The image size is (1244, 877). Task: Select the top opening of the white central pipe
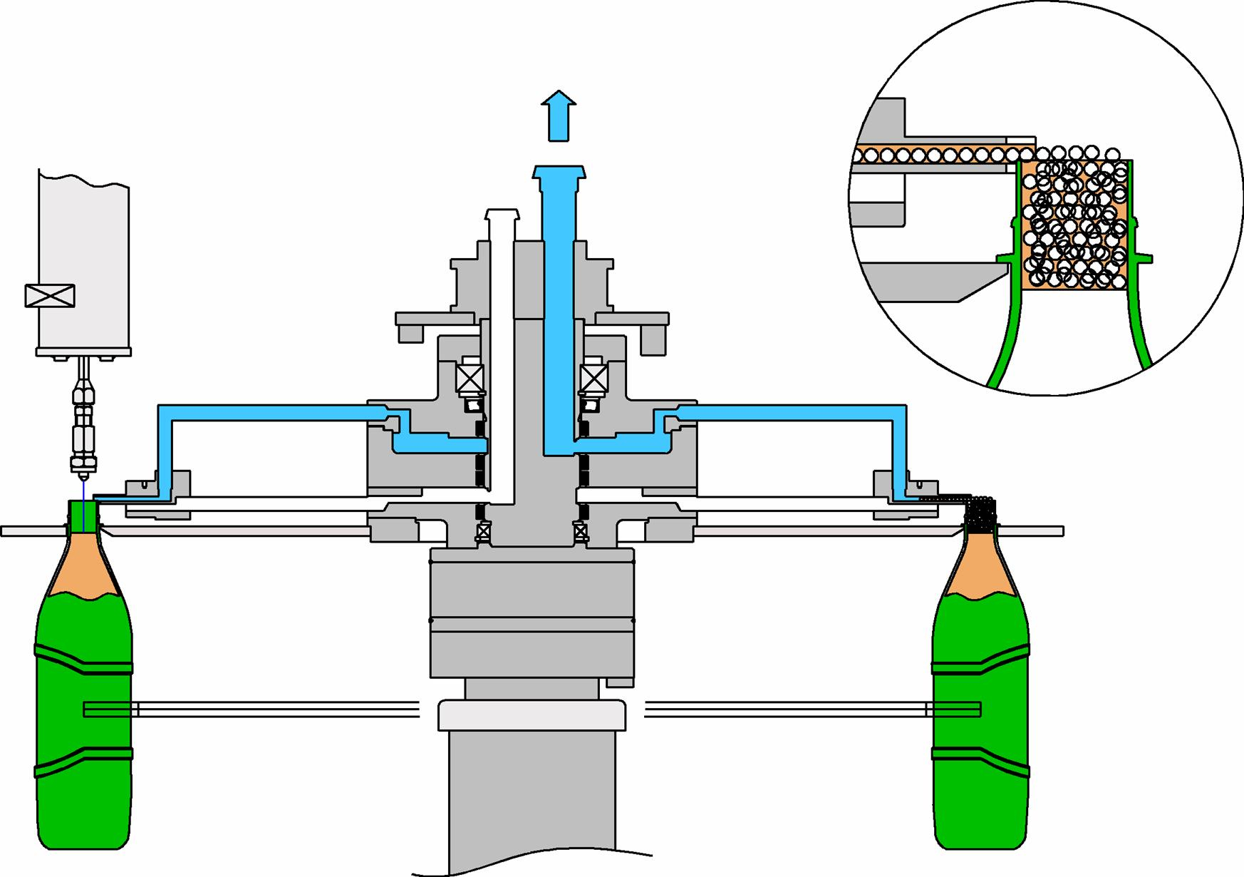pyautogui.click(x=502, y=214)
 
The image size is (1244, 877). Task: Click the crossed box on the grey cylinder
pyautogui.click(x=50, y=295)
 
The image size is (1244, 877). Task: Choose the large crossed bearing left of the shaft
pyautogui.click(x=470, y=378)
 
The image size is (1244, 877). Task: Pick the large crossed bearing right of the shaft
pyautogui.click(x=594, y=378)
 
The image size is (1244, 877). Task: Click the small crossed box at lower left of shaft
pyautogui.click(x=483, y=531)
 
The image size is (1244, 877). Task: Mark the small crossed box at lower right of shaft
pyautogui.click(x=580, y=531)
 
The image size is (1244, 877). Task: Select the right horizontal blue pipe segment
pyautogui.click(x=791, y=412)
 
